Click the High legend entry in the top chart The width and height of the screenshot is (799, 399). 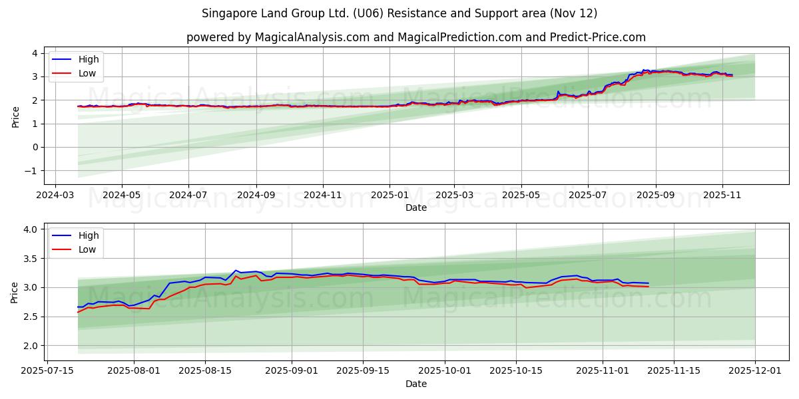pyautogui.click(x=88, y=59)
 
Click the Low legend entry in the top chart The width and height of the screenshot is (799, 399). pyautogui.click(x=87, y=73)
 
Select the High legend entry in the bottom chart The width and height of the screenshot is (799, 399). pyautogui.click(x=88, y=235)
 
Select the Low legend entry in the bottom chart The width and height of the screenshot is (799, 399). pyautogui.click(x=87, y=249)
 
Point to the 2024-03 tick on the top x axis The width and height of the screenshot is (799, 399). pyautogui.click(x=55, y=196)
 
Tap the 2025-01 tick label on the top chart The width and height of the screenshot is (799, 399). pyautogui.click(x=389, y=196)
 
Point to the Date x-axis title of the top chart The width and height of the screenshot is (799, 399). pyautogui.click(x=416, y=207)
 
